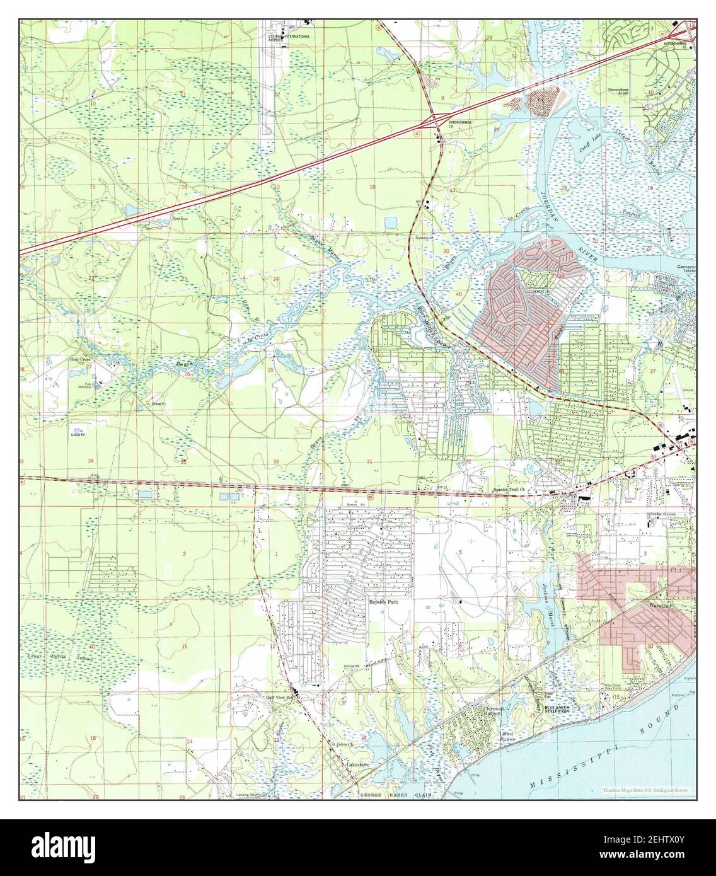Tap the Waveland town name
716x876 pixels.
pyautogui.click(x=655, y=603)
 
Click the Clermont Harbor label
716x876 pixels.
pyautogui.click(x=499, y=711)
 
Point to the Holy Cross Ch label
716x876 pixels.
pyautogui.click(x=80, y=362)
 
